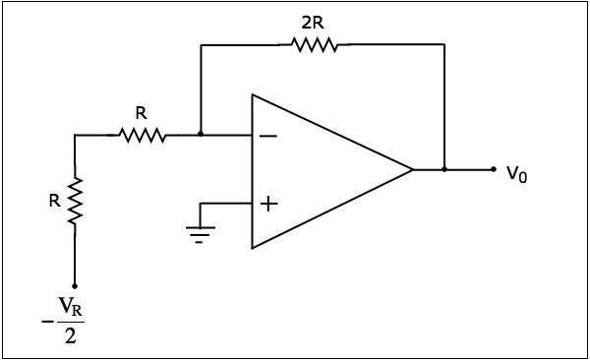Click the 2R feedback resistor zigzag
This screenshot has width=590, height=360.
click(314, 43)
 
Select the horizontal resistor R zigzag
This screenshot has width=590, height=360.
click(143, 135)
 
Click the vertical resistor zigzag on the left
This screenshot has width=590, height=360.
click(75, 201)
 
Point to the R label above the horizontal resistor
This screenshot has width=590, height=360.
click(142, 112)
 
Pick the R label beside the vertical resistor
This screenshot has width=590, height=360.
click(55, 201)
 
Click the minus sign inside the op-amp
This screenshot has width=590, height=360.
click(266, 136)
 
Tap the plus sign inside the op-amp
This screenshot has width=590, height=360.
click(266, 204)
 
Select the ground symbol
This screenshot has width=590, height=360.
click(201, 232)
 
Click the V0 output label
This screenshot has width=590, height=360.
click(517, 173)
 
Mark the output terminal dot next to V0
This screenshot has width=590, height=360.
click(494, 169)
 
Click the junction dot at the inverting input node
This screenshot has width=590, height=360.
click(201, 135)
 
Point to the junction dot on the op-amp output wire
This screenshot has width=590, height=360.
click(444, 169)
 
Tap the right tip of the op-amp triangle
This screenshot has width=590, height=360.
click(412, 169)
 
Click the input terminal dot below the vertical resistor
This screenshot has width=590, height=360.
click(75, 285)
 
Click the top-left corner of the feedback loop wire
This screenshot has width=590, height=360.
click(201, 43)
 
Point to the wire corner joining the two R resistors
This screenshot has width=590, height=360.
click(75, 135)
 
